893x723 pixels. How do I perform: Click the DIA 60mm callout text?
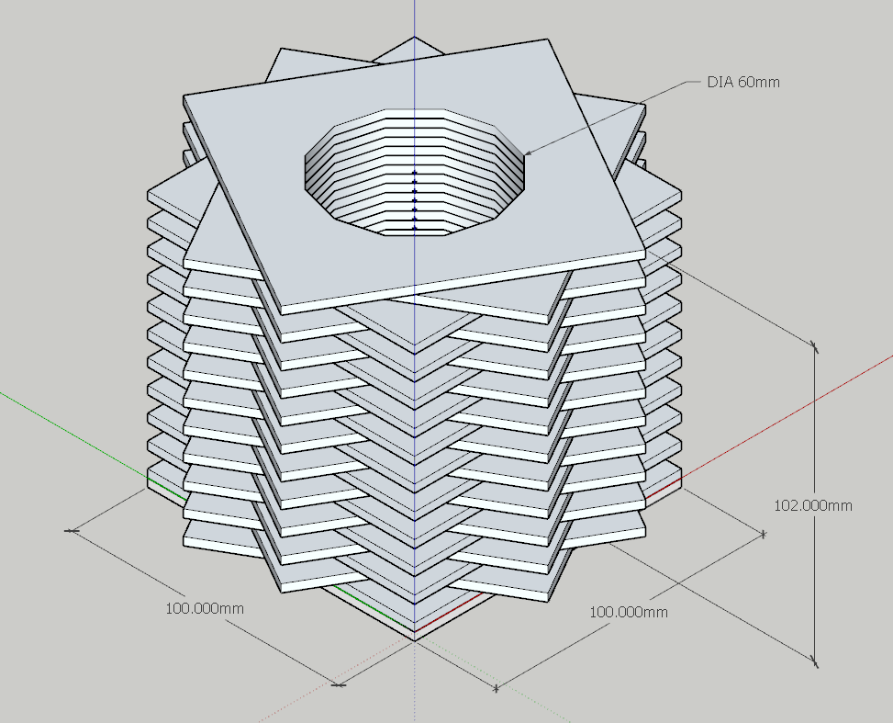pyautogui.click(x=743, y=82)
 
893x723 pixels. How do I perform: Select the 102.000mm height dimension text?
pyautogui.click(x=813, y=505)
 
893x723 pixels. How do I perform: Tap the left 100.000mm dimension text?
pyautogui.click(x=205, y=608)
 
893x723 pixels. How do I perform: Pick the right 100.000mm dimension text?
pyautogui.click(x=628, y=613)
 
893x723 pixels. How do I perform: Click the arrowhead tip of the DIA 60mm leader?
pyautogui.click(x=523, y=154)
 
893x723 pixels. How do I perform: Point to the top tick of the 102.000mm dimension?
pyautogui.click(x=814, y=345)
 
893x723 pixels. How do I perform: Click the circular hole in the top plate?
pyautogui.click(x=415, y=171)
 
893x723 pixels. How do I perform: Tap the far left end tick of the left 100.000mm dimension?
pyautogui.click(x=71, y=531)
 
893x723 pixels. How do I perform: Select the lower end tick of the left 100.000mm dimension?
pyautogui.click(x=338, y=684)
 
